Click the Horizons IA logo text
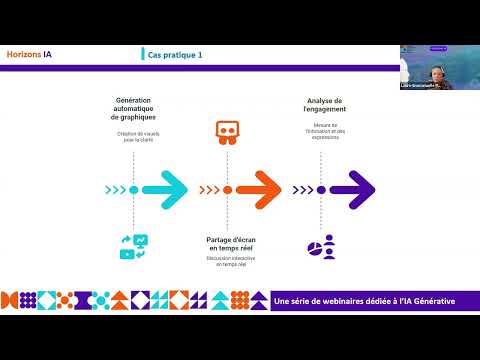(x=30, y=55)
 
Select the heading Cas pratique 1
(x=175, y=55)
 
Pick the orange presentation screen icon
(x=228, y=133)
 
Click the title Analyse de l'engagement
(x=325, y=105)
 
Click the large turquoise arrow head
(x=172, y=187)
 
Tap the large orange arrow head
(x=265, y=187)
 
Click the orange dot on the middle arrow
(x=228, y=188)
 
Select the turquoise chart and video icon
(x=134, y=246)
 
